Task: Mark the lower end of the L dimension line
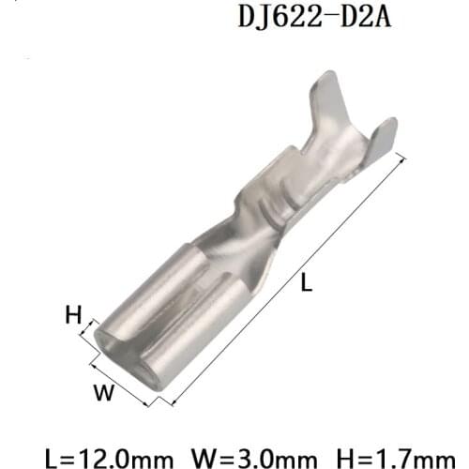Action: (x=173, y=403)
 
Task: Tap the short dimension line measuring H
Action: (x=92, y=333)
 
